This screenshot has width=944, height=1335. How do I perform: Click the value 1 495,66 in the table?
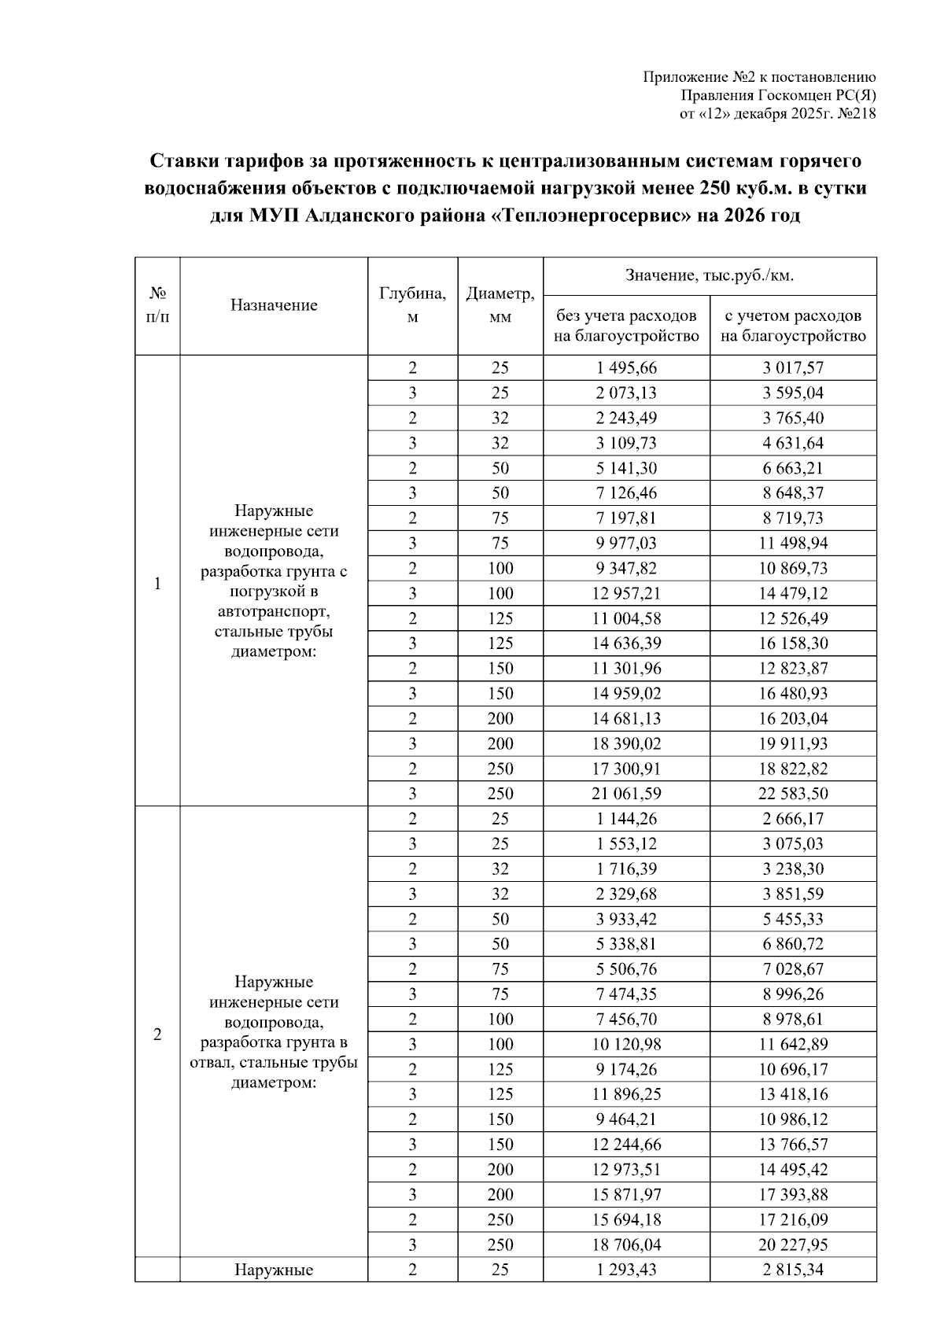[626, 368]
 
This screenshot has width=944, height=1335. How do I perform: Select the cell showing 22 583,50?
[793, 794]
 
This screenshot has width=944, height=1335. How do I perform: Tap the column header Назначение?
[274, 306]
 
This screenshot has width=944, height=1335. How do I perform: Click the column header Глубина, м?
[412, 306]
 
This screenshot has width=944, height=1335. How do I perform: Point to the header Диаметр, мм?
[500, 306]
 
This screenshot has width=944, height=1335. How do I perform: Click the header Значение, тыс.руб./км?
[710, 276]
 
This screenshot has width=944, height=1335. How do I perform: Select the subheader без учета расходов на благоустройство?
[626, 326]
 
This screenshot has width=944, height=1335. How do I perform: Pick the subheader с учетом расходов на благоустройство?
[793, 326]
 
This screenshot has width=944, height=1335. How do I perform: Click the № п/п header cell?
[157, 306]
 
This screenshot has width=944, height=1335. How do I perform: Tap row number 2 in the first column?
[157, 1034]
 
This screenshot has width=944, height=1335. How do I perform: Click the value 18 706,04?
[626, 1245]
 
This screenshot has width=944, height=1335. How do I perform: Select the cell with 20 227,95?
[793, 1245]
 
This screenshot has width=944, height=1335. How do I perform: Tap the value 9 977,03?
[626, 544]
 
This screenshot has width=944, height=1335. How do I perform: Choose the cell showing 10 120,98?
[626, 1045]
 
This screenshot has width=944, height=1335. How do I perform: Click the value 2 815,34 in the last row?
[793, 1270]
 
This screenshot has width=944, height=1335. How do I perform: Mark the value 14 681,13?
[626, 719]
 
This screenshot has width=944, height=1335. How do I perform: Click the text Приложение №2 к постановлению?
[759, 77]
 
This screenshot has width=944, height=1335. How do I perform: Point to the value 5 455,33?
[793, 919]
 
